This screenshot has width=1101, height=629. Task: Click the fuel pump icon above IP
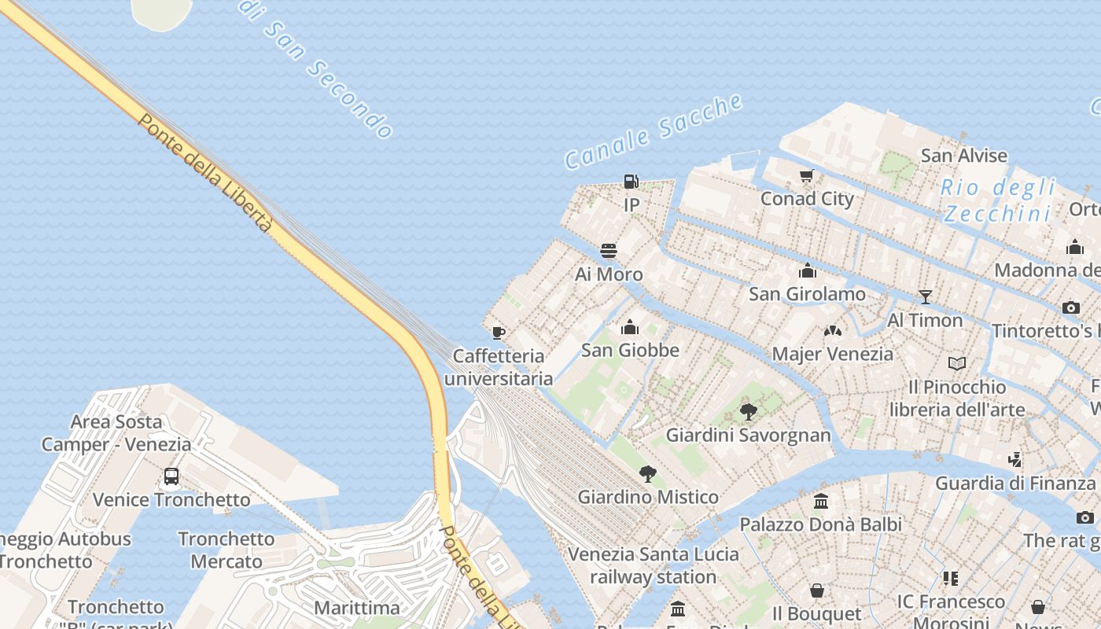pyautogui.click(x=631, y=182)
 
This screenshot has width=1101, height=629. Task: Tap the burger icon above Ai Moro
pyautogui.click(x=609, y=251)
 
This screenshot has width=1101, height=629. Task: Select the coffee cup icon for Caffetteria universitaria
pyautogui.click(x=498, y=333)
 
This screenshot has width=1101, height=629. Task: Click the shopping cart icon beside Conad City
pyautogui.click(x=806, y=175)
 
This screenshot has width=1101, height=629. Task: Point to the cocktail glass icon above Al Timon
pyautogui.click(x=926, y=296)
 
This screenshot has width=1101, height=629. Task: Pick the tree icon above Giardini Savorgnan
pyautogui.click(x=749, y=411)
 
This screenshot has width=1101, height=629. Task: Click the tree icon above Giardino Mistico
pyautogui.click(x=648, y=473)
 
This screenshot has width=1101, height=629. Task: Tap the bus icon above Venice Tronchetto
pyautogui.click(x=171, y=476)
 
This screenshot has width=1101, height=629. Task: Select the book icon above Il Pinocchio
pyautogui.click(x=957, y=363)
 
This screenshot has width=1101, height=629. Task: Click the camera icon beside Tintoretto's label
pyautogui.click(x=1070, y=307)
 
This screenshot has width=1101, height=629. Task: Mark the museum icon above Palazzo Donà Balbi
pyautogui.click(x=821, y=501)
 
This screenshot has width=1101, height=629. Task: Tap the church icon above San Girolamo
pyautogui.click(x=807, y=271)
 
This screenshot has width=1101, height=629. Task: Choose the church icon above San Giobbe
pyautogui.click(x=630, y=327)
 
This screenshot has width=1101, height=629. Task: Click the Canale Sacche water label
pyautogui.click(x=654, y=131)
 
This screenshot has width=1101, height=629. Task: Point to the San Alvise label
pyautogui.click(x=963, y=156)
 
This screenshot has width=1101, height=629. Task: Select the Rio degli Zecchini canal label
pyautogui.click(x=997, y=200)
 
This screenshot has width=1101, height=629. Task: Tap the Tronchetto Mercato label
pyautogui.click(x=226, y=550)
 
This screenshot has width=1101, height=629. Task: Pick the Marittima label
pyautogui.click(x=357, y=608)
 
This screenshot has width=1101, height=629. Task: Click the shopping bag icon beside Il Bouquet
pyautogui.click(x=817, y=590)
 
